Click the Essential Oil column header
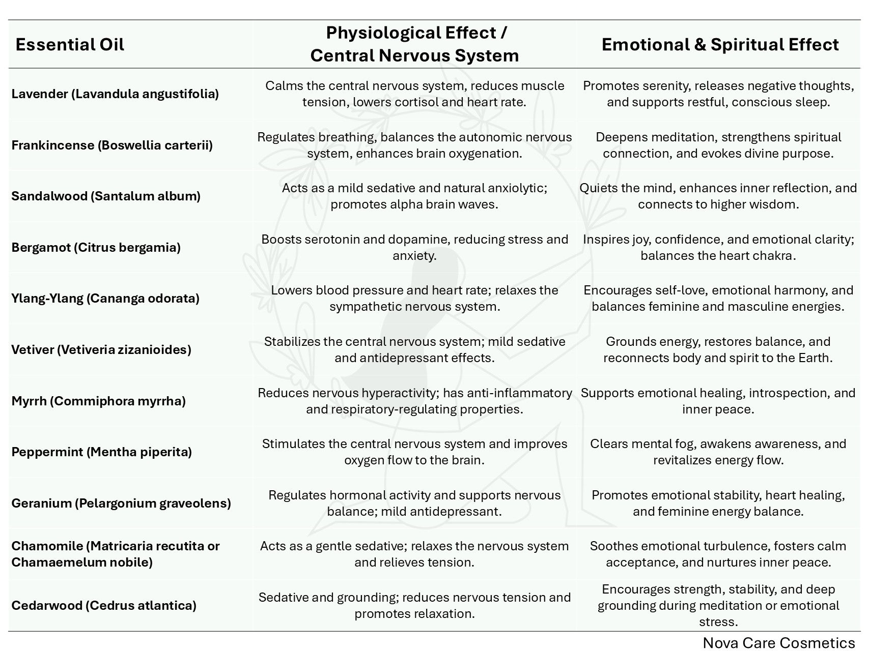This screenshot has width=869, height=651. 70,45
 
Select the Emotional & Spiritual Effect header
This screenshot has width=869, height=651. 720,45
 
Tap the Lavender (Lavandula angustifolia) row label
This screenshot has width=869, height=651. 115,94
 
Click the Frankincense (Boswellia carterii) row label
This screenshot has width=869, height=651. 112,145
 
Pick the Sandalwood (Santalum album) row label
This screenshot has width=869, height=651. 106,196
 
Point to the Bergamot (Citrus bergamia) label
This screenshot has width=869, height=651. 96,248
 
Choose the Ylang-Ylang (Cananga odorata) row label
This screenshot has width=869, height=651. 105,299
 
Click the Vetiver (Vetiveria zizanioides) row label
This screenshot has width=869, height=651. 101,350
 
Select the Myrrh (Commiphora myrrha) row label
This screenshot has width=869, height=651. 98,401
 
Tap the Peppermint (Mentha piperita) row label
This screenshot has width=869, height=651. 101,452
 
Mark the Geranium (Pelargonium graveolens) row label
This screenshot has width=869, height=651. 121,504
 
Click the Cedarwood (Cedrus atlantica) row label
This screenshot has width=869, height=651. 104,606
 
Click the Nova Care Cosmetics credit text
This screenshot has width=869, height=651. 778,643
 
